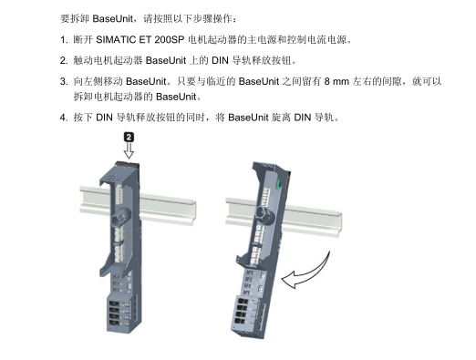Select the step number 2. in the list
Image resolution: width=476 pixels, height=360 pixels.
(63, 61)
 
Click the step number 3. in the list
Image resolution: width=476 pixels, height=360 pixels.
(63, 81)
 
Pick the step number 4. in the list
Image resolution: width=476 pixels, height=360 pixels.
(63, 118)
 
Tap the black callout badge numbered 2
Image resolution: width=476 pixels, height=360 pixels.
(129, 136)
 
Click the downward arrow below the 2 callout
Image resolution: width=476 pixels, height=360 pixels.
(129, 151)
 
